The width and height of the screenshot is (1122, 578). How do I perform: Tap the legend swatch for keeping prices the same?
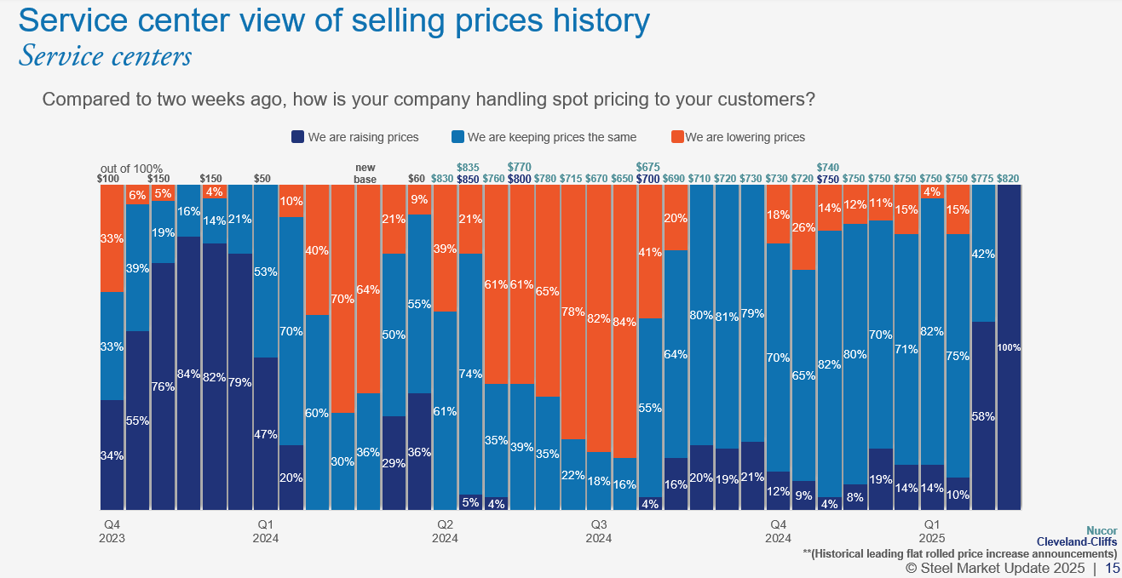click(x=457, y=137)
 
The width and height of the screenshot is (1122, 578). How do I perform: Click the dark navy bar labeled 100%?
click(x=1010, y=347)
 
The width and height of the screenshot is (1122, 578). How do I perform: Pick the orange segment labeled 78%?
click(x=573, y=312)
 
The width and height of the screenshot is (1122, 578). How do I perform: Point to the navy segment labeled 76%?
click(x=164, y=386)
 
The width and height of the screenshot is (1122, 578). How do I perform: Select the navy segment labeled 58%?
click(x=983, y=416)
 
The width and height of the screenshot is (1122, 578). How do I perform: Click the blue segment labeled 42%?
click(x=983, y=253)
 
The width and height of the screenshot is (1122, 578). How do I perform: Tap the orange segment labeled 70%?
click(x=342, y=299)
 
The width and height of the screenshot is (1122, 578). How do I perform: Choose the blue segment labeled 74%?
click(x=471, y=374)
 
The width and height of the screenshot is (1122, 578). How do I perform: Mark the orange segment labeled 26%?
click(x=804, y=227)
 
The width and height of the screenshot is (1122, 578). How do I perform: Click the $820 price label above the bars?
click(x=1009, y=178)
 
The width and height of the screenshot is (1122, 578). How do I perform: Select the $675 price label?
click(x=648, y=168)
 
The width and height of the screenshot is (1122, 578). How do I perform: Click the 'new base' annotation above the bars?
click(x=365, y=173)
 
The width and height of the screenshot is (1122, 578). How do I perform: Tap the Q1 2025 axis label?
click(x=932, y=531)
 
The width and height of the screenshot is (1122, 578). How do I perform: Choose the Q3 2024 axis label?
click(x=598, y=531)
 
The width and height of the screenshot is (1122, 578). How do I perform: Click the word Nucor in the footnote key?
click(x=1101, y=530)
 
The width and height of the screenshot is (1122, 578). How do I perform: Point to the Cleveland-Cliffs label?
click(x=1076, y=542)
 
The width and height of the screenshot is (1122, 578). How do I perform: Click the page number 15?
click(x=1112, y=568)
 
